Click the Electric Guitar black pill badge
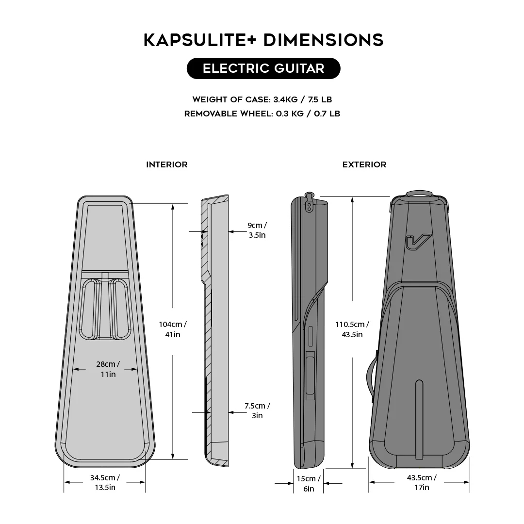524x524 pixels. pos(263,68)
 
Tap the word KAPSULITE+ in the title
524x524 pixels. pos(200,40)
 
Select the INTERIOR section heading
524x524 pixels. pos(167,164)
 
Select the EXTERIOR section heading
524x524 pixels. pos(364,164)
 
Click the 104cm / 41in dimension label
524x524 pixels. pos(173,329)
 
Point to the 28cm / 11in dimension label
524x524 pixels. pos(108,369)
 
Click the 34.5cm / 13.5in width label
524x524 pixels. pos(105,482)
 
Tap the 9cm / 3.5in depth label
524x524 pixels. pos(257,230)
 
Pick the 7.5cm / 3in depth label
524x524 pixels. pos(257,410)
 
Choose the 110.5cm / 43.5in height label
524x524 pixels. pos(352,329)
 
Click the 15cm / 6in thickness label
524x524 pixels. pos(309,484)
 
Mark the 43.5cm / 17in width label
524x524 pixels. pos(422,482)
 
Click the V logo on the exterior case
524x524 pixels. pos(418,242)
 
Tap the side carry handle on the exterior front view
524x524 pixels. pos(372,376)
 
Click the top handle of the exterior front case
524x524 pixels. pos(419,195)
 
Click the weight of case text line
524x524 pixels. pos(262,99)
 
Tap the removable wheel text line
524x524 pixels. pos(262,114)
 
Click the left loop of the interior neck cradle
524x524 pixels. pos(90,309)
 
